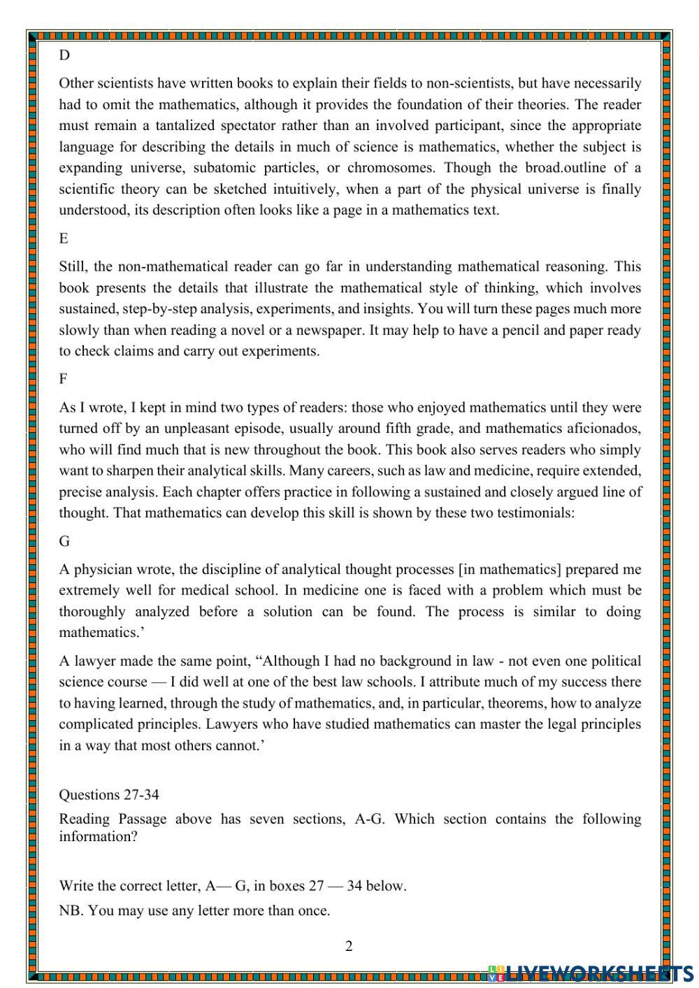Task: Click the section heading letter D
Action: pos(64,55)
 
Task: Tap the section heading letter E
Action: pos(64,238)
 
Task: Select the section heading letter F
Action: pos(63,379)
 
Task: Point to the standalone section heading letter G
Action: pos(64,541)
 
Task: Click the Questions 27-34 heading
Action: pos(109,795)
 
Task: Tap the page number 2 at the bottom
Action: pos(349,947)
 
